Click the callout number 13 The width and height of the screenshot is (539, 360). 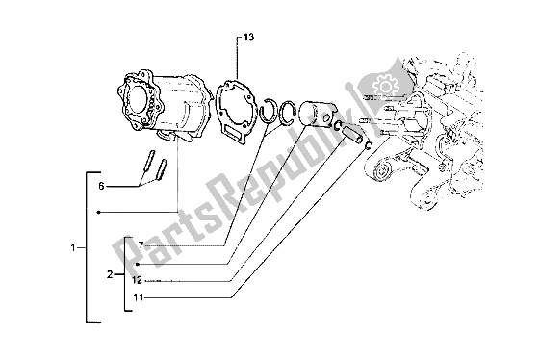[248, 40]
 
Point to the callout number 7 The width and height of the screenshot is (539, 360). [140, 245]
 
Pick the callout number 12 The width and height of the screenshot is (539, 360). [139, 280]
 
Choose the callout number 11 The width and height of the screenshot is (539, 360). [139, 298]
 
